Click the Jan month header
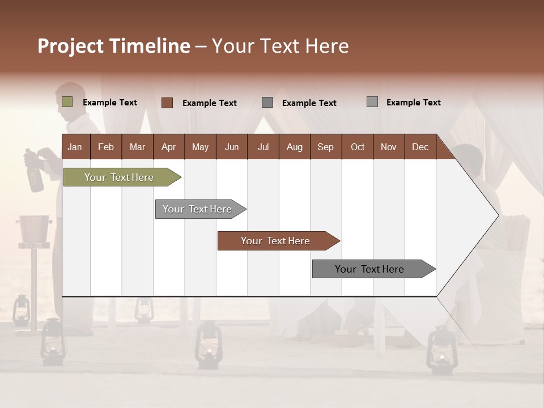tap(75, 147)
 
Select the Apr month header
tap(169, 147)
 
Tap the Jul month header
tap(263, 147)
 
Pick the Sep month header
tap(325, 147)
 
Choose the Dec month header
tap(420, 147)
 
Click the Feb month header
tap(106, 147)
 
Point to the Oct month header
tap(358, 147)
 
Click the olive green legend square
tap(67, 102)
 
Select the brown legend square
tap(167, 103)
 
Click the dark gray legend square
tap(267, 103)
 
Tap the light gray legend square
tap(372, 102)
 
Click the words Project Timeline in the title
tap(114, 46)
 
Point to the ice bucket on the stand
tap(34, 228)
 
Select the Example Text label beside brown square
tap(210, 103)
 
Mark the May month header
tap(200, 147)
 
